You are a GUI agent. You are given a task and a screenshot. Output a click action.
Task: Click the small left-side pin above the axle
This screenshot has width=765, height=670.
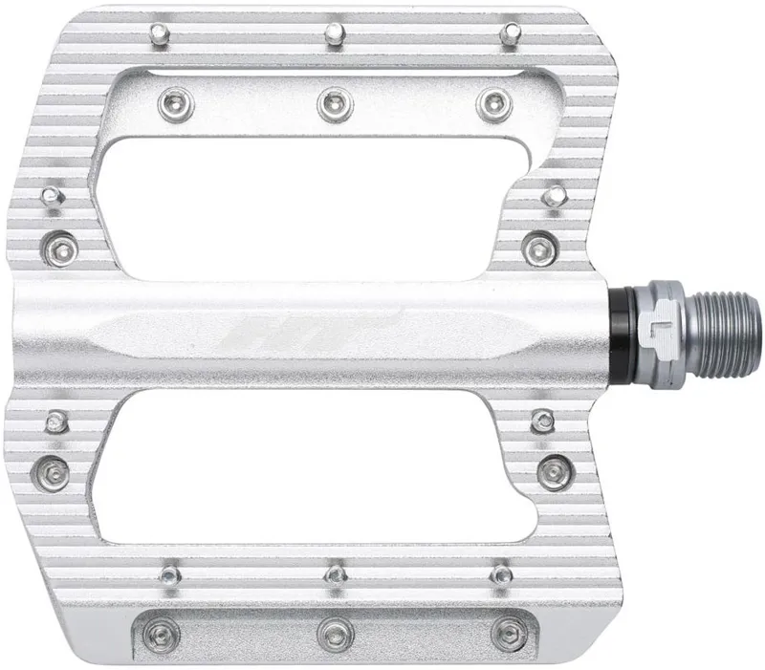[x=50, y=197]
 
